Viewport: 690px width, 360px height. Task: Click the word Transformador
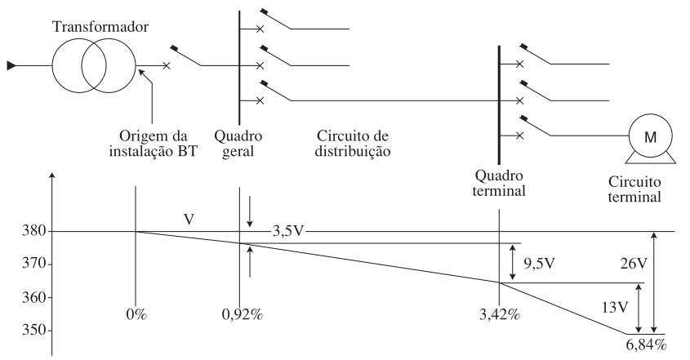coord(100,27)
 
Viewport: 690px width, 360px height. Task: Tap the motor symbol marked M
coord(650,138)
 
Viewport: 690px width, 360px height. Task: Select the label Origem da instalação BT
coord(154,144)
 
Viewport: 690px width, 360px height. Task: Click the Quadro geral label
coord(238,144)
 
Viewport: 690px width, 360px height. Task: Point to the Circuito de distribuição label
coord(353,144)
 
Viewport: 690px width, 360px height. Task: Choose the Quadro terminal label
coord(499,183)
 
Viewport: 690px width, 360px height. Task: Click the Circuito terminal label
coord(634,189)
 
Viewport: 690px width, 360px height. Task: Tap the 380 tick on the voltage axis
coord(33,231)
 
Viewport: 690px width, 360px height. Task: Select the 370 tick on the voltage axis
coord(33,264)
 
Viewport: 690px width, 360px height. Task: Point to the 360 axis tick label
coord(33,297)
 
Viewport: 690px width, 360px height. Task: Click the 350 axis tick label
coord(33,330)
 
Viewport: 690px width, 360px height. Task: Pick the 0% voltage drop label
coord(136,315)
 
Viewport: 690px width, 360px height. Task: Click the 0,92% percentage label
coord(242,315)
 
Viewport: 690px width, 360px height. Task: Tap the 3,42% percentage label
coord(500,315)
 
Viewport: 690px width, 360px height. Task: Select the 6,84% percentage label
coord(646,344)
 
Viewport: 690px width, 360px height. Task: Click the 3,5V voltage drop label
coord(288,231)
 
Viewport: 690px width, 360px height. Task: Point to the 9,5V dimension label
coord(540,264)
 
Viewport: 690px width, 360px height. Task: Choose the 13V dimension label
coord(615,307)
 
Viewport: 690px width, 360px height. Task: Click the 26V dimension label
coord(634,264)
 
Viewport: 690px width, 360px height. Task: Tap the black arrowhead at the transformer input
coord(11,66)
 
